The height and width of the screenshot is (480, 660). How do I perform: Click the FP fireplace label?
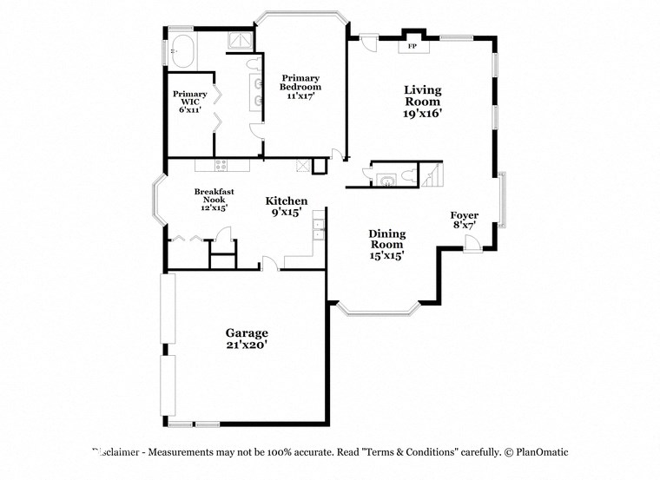tap(412, 45)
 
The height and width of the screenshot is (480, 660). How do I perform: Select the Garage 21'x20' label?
tap(247, 339)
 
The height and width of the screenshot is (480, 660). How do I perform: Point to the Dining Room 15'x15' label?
tap(386, 244)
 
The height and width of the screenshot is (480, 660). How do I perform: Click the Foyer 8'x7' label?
tap(464, 220)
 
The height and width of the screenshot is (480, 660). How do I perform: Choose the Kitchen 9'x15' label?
tap(287, 206)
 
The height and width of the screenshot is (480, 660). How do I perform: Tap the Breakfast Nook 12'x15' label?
tap(214, 200)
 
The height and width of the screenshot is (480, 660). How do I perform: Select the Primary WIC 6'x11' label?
tap(189, 102)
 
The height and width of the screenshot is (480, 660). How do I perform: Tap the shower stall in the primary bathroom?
tap(239, 42)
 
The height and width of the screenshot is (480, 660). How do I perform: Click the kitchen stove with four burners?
tap(221, 165)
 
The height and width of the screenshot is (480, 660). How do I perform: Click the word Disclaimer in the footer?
tap(119, 452)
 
